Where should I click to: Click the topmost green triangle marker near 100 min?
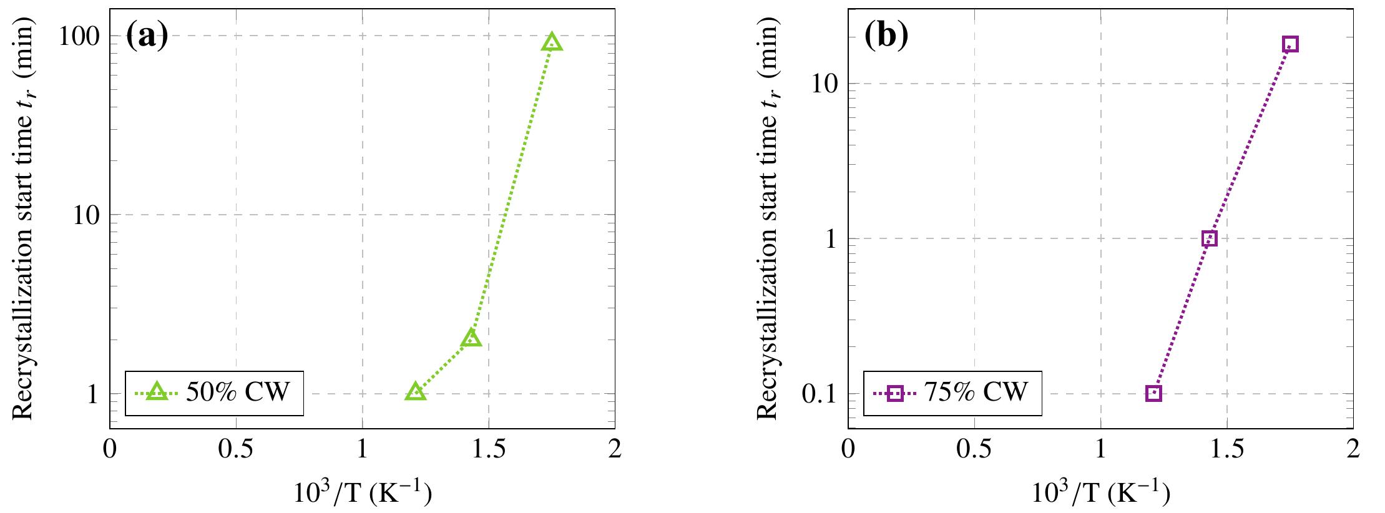click(x=552, y=43)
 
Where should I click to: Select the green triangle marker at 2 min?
click(x=471, y=339)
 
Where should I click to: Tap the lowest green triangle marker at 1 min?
click(x=416, y=393)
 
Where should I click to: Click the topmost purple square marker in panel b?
click(x=1290, y=44)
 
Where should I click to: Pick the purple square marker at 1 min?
click(x=1209, y=238)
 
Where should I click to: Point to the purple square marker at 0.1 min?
click(x=1153, y=393)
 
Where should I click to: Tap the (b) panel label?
click(x=886, y=36)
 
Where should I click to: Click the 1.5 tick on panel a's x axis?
click(x=488, y=450)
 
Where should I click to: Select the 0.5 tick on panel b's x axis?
click(x=974, y=450)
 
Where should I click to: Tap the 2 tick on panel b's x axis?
click(x=1353, y=450)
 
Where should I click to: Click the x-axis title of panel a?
click(x=363, y=494)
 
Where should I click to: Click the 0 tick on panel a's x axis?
click(x=110, y=450)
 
